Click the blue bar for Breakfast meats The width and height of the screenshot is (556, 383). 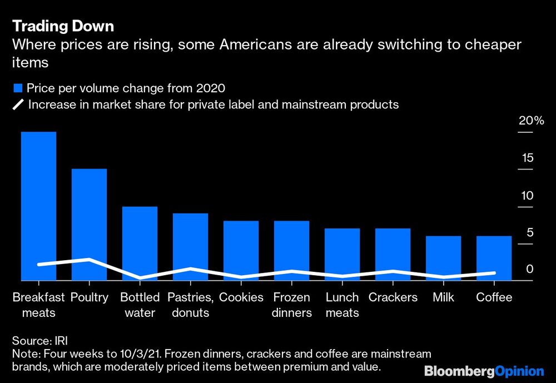point(38,206)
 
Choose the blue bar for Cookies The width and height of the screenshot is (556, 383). point(241,251)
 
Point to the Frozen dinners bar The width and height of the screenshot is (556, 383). point(291,251)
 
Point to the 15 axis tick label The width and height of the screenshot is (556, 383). point(527,158)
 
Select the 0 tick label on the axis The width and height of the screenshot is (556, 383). point(530,268)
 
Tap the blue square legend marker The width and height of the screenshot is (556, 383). point(17,88)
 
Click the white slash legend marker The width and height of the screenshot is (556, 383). point(17,105)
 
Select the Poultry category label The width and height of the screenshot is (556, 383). point(89,297)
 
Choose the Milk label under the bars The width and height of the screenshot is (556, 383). point(443,297)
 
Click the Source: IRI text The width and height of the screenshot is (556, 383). point(37,341)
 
